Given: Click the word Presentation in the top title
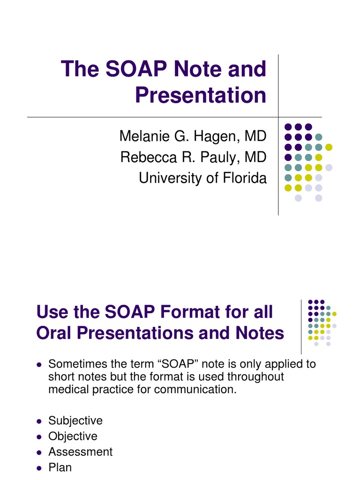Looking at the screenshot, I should click(201, 95).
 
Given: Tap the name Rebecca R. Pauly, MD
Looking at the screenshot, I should click(193, 157).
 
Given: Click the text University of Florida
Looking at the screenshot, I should click(202, 178).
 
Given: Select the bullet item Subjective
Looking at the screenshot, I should click(75, 420).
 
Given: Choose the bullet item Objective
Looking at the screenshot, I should click(73, 436).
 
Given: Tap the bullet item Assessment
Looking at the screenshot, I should click(81, 452).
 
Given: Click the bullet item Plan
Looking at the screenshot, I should click(60, 467).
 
